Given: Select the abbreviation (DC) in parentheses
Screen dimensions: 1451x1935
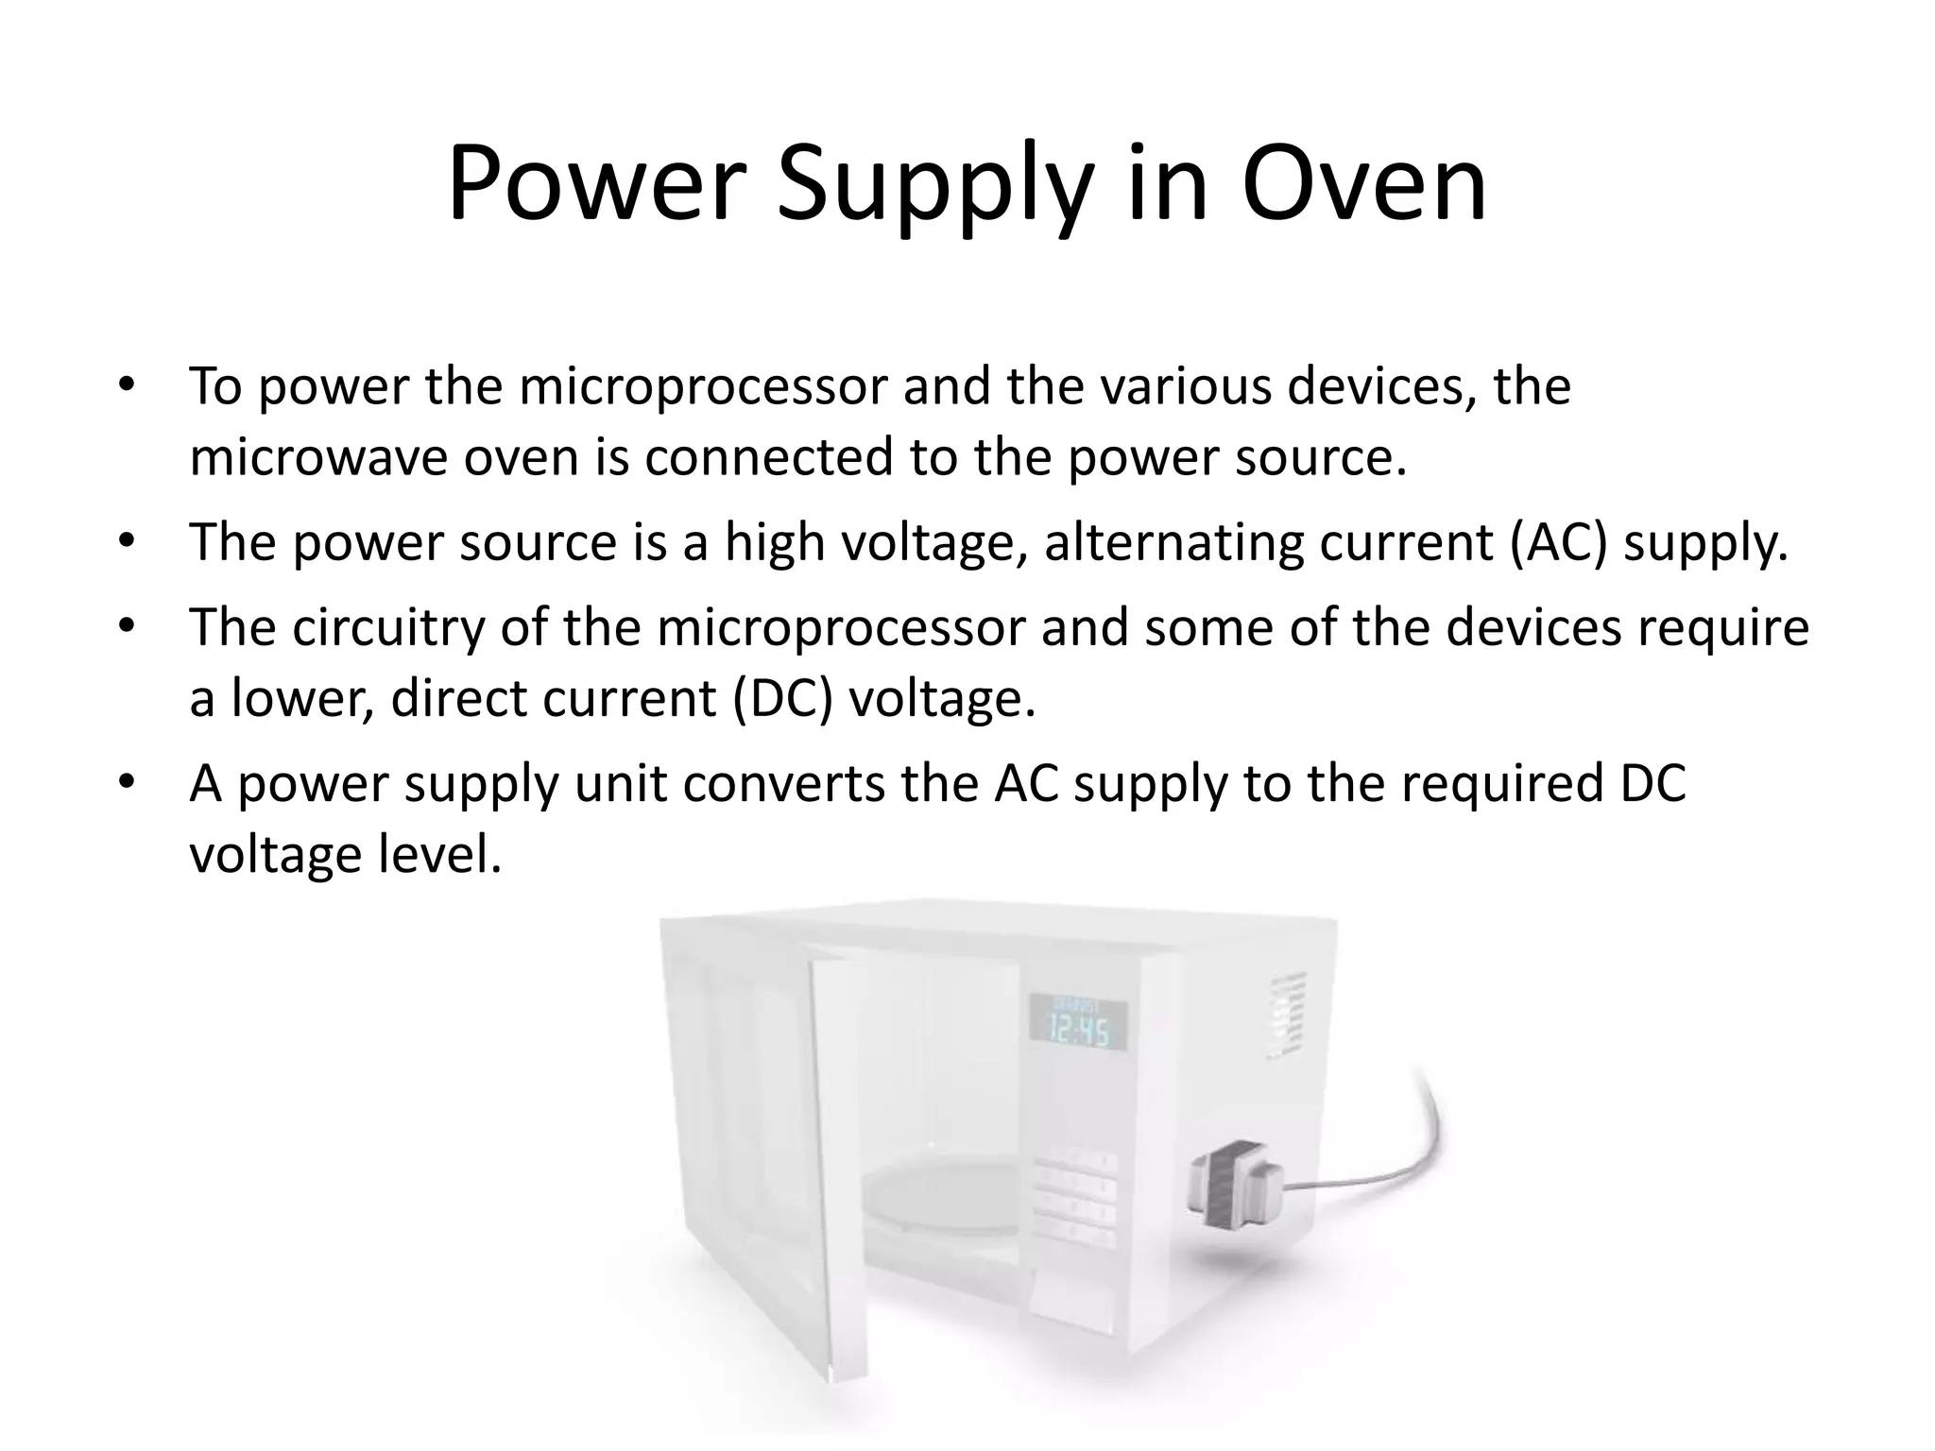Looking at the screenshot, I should [x=782, y=699].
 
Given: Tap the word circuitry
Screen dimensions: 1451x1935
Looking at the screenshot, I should [x=387, y=627].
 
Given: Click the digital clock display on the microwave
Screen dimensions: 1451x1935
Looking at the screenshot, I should [x=1078, y=1023].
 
